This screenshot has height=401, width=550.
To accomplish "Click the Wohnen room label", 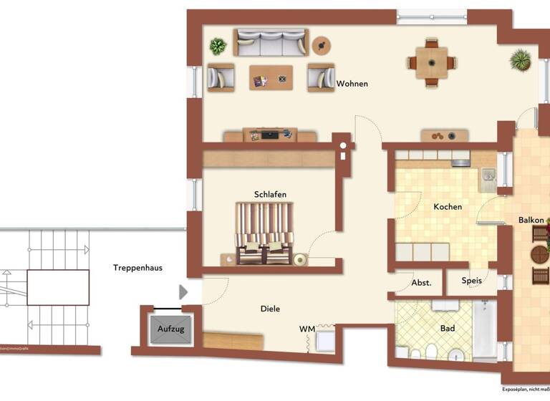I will click(352, 84).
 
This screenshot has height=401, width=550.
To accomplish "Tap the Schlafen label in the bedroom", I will click(270, 194).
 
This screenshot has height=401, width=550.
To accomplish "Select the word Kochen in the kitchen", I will click(448, 207).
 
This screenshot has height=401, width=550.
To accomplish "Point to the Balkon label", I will click(531, 221).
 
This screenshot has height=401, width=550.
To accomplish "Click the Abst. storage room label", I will click(421, 282).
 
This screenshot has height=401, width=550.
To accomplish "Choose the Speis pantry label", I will click(471, 281).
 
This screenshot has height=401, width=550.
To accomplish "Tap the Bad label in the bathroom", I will click(448, 329).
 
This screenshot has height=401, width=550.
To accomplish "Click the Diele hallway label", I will click(270, 309).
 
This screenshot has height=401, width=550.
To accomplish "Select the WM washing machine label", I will click(307, 329).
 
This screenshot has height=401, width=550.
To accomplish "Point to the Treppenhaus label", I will click(137, 268).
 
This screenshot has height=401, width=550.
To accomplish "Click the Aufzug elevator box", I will click(171, 329).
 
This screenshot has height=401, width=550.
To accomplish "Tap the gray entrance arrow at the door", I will click(183, 291).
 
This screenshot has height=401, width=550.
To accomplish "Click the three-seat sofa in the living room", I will click(271, 44).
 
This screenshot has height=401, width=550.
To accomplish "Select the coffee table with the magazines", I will click(271, 77).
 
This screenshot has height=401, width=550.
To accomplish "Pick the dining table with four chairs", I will click(432, 62).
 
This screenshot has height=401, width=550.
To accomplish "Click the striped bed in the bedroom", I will click(264, 233).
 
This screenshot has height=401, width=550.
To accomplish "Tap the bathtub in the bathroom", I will click(484, 329).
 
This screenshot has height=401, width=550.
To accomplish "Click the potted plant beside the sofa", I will click(218, 47).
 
